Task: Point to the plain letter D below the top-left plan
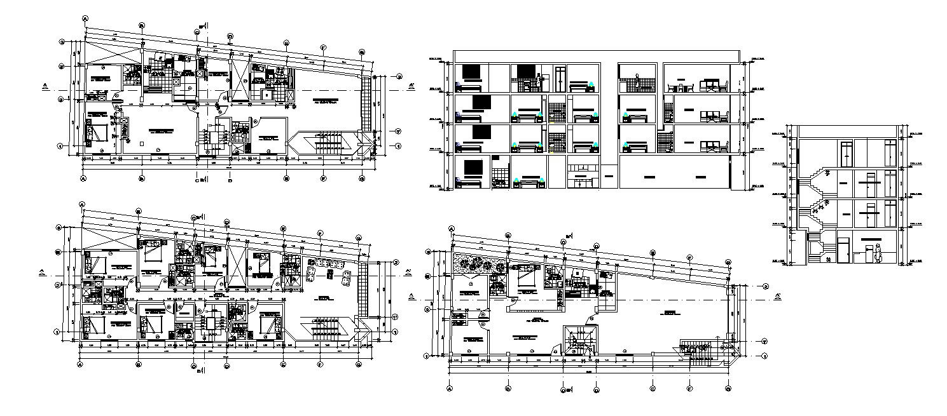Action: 230,180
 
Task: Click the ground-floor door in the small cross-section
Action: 843,250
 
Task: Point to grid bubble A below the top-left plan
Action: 83,179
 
